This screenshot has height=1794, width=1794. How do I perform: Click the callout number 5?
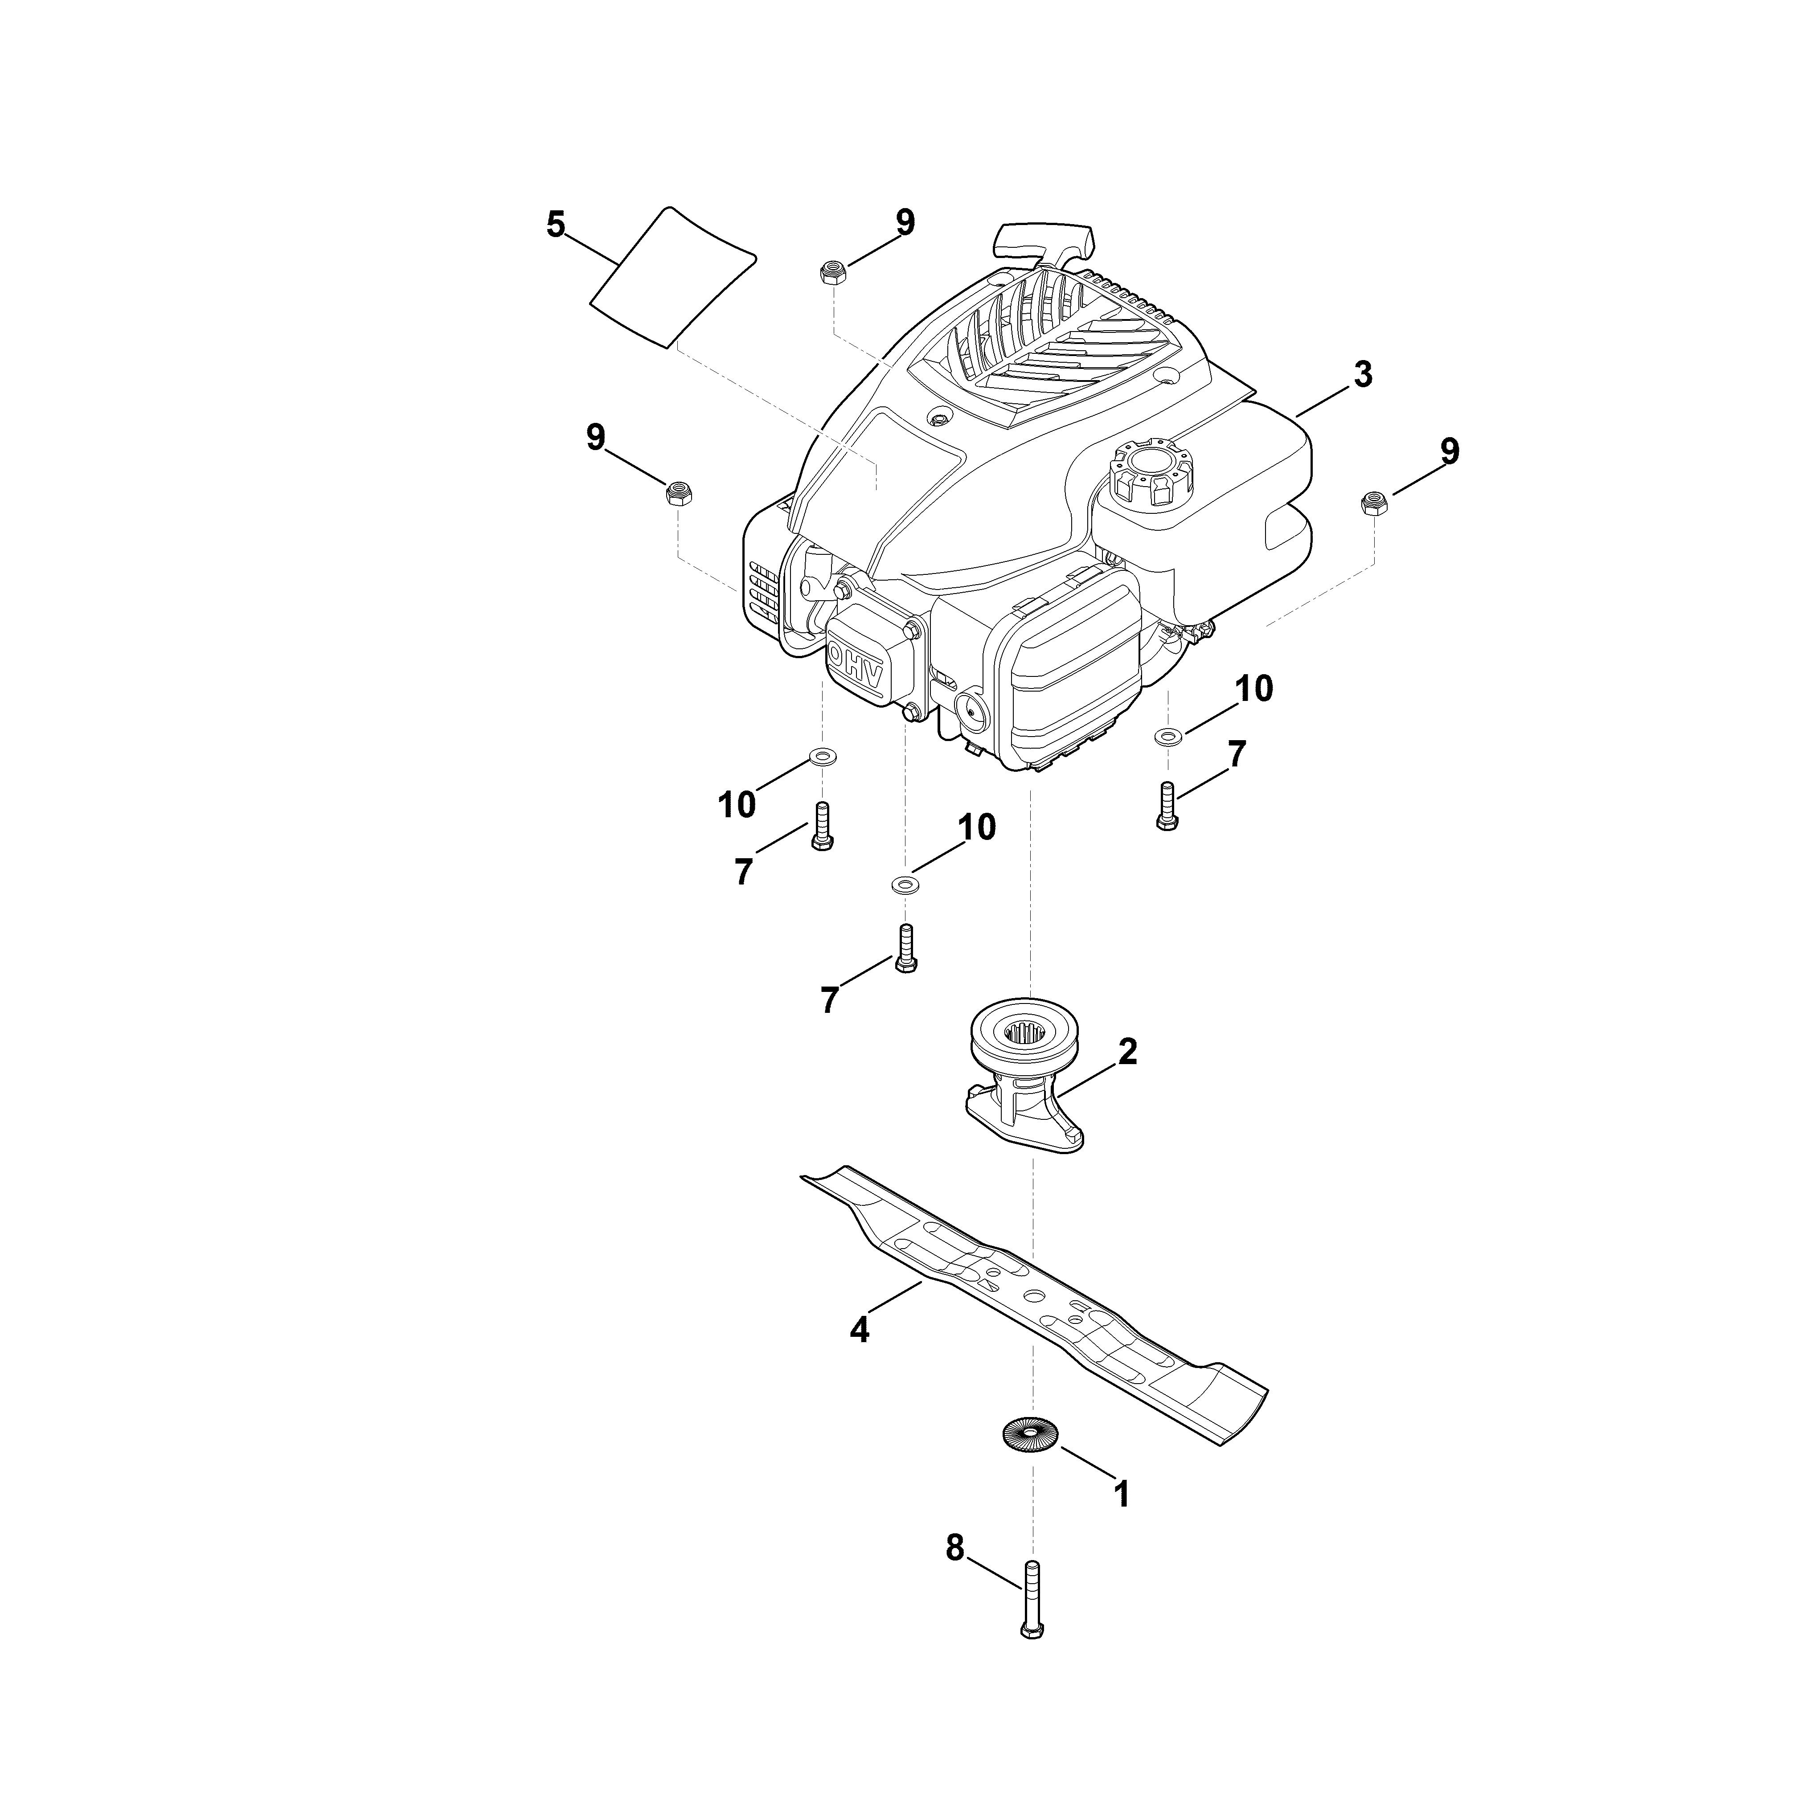pyautogui.click(x=555, y=225)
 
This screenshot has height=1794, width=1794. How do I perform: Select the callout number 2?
pyautogui.click(x=1127, y=1052)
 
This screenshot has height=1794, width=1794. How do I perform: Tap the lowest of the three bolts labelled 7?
pyautogui.click(x=905, y=948)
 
